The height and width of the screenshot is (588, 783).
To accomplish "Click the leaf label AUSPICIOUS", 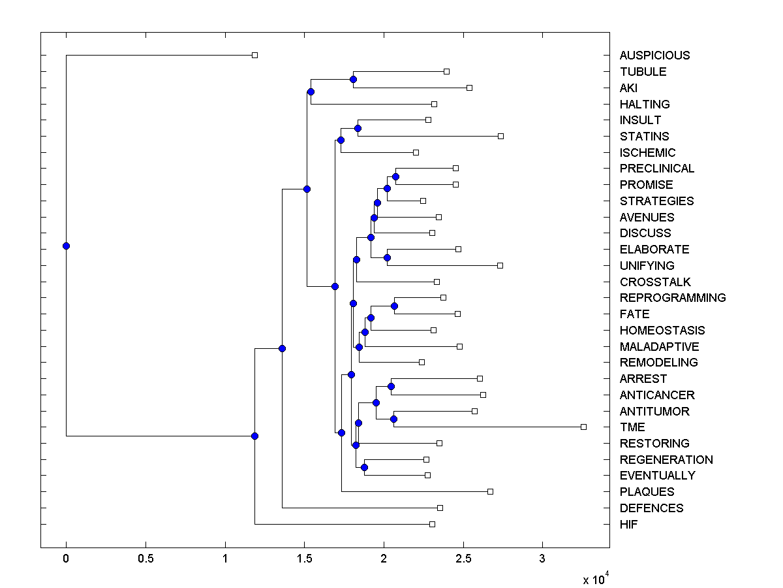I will pos(654,56).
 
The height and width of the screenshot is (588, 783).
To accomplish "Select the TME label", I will pos(632,427).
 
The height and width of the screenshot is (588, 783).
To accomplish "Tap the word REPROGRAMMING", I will pos(673,298).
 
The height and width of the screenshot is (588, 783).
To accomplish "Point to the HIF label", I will pos(629,524).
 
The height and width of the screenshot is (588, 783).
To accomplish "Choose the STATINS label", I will pos(644,137).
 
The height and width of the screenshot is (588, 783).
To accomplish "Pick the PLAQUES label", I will pos(647,492).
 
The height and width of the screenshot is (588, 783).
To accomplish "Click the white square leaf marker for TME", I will pos(583,427).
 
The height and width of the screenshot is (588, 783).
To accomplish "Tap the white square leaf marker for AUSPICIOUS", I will pos(255,55).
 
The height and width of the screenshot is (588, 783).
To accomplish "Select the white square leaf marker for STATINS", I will pos(500,136).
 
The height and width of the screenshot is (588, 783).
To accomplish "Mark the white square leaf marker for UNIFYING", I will pos(500,265).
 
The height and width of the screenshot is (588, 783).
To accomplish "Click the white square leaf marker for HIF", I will pos(432,524).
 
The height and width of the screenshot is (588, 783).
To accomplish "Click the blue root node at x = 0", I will pos(66,246).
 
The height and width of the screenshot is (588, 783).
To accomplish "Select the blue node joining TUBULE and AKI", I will pos(353,79).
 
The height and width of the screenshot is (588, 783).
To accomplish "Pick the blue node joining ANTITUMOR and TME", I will pos(393,419).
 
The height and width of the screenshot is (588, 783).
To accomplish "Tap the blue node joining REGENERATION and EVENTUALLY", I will pos(364,467).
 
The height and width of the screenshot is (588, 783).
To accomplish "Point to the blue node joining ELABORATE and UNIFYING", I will pos(387,257).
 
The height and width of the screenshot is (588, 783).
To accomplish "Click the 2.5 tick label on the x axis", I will pos(463,559).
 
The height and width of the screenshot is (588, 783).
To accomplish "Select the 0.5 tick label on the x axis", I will pos(146,559).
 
